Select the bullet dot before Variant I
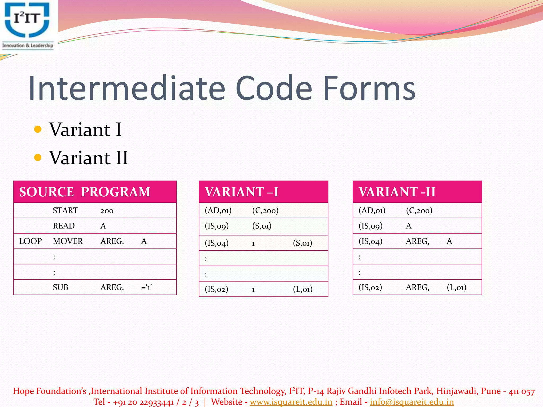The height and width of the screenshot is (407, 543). click(x=38, y=129)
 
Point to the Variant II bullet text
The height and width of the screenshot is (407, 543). click(x=88, y=158)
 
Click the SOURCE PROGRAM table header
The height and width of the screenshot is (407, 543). click(x=85, y=192)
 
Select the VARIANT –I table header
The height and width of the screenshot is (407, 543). click(x=242, y=192)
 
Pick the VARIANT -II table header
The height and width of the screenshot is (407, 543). click(x=397, y=192)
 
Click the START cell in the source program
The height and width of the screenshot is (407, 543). click(x=65, y=210)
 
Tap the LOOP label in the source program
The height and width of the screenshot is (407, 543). click(x=30, y=241)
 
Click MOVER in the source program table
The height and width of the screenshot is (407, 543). click(x=68, y=241)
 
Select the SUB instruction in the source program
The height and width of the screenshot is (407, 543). click(x=60, y=287)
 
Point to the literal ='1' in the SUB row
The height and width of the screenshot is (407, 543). click(x=147, y=287)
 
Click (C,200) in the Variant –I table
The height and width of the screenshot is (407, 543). click(x=265, y=210)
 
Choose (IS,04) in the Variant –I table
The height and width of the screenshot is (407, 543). click(x=217, y=243)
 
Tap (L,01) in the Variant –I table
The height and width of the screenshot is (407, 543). click(x=303, y=289)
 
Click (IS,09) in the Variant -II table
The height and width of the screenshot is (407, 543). click(x=370, y=226)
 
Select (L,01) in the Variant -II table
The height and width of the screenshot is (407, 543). click(x=456, y=287)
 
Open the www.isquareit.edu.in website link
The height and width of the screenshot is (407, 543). click(x=291, y=402)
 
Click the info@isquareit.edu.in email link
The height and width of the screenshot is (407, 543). click(x=412, y=402)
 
